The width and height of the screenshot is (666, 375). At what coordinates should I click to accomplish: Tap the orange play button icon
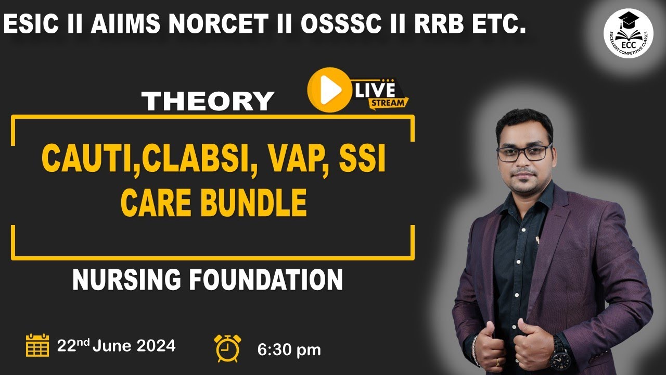[x=328, y=90]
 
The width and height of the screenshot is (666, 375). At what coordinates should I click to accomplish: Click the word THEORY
[x=208, y=101]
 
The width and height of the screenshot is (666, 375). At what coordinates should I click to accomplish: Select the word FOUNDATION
[x=265, y=280]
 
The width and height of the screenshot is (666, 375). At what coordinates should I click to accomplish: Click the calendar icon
[x=37, y=345]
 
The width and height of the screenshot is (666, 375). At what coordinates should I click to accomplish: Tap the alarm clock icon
[x=227, y=347]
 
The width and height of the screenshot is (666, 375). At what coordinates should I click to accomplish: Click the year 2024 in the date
[x=156, y=346]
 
